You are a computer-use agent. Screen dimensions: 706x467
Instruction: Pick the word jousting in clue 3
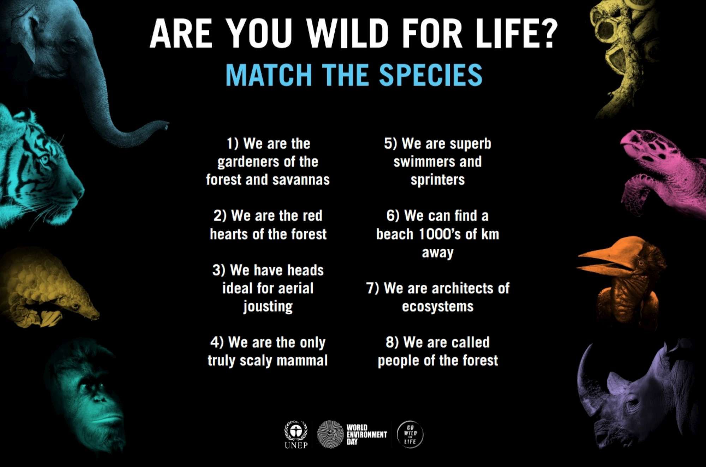(268, 307)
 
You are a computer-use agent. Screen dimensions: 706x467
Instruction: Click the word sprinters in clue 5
(438, 180)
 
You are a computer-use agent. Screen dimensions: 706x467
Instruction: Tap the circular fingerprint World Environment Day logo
(330, 434)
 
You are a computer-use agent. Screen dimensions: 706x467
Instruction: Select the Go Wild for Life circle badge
(410, 435)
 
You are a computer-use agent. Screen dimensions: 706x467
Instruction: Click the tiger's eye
(45, 160)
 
